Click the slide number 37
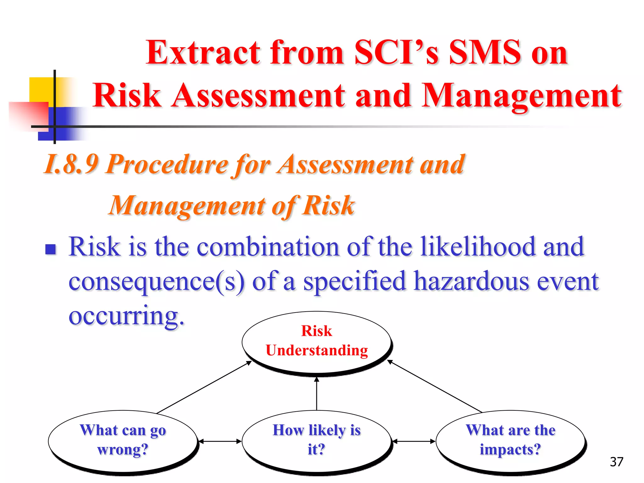[616, 462]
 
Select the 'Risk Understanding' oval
[317, 341]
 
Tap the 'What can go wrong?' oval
[123, 440]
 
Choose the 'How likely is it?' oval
[317, 440]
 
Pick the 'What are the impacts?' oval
[510, 440]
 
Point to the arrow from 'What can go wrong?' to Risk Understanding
[204, 387]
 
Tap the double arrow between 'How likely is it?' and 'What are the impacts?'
[414, 441]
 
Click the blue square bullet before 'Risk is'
[51, 249]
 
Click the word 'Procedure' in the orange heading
[167, 164]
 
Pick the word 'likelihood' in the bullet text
[478, 247]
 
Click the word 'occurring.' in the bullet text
[126, 316]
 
